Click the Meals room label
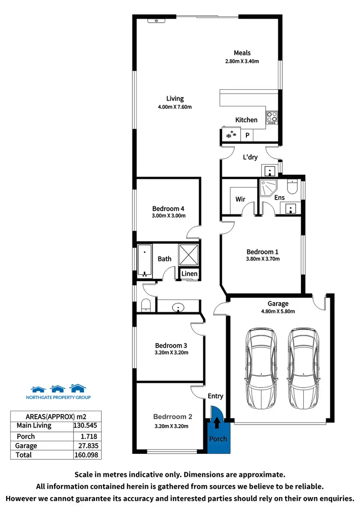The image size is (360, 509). pos(242,53)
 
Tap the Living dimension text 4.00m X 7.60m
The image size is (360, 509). pos(175,107)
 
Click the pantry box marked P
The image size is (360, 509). pos(247,136)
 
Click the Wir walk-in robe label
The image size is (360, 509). pos(240,199)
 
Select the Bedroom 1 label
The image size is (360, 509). pos(262,251)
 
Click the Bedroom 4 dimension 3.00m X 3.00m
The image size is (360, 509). pos(168,216)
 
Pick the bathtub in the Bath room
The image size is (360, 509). pos(144,261)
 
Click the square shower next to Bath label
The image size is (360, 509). pos(189,255)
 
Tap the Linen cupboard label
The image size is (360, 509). pos(189,274)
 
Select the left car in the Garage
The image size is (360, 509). pos(261,367)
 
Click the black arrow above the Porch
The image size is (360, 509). pos(217,423)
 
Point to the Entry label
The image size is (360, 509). pos(215,396)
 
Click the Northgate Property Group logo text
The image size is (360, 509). pos(58,397)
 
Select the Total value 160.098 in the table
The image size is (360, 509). pos(87,454)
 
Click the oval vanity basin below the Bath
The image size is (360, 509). pos(179,307)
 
